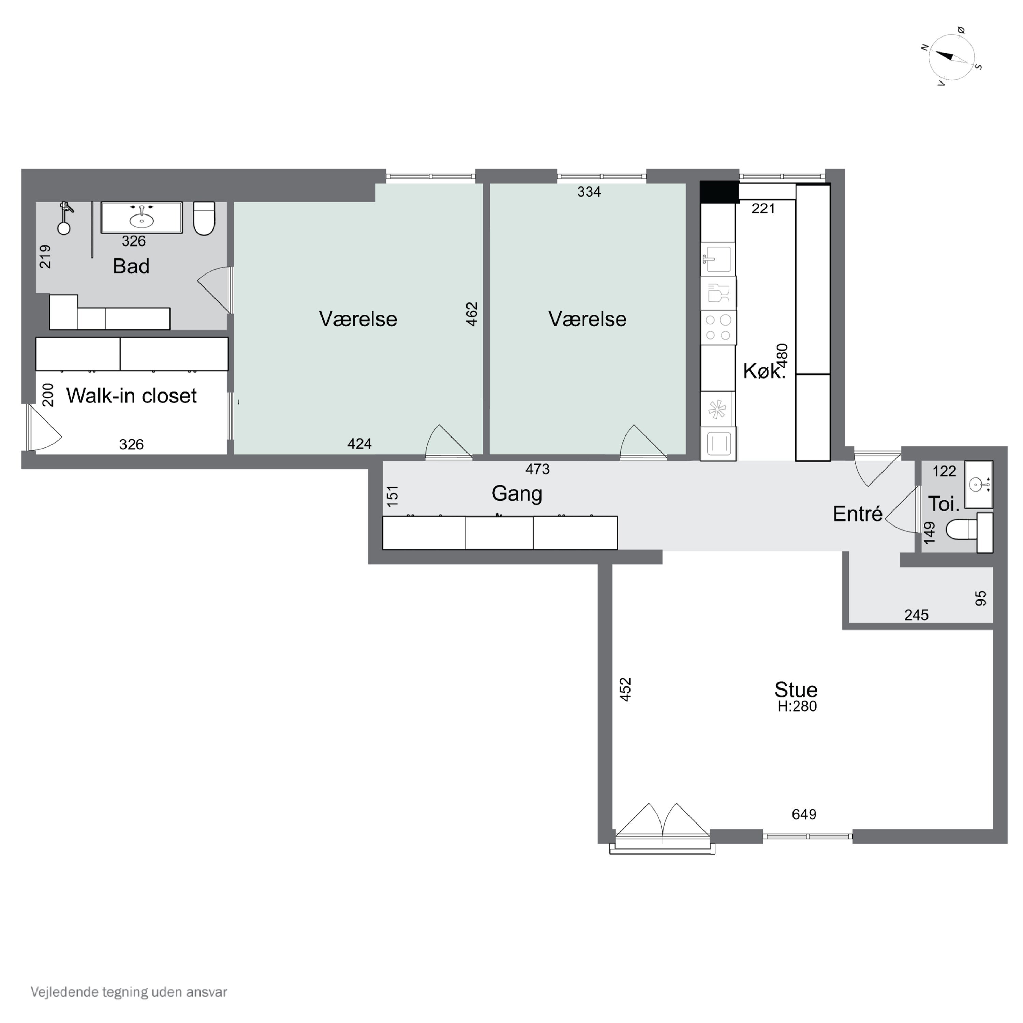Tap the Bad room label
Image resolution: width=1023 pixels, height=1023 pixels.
click(131, 266)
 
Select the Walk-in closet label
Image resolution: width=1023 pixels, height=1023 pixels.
click(131, 396)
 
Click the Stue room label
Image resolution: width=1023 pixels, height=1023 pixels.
click(796, 690)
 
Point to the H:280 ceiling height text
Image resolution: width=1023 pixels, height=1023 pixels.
click(797, 706)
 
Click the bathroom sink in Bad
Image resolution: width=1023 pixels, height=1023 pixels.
click(142, 217)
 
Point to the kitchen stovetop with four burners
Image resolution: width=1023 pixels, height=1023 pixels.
click(718, 327)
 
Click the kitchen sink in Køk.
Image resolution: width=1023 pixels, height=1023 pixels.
click(718, 259)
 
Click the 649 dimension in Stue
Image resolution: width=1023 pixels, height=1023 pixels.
click(804, 814)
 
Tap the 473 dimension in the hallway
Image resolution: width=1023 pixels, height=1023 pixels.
click(537, 469)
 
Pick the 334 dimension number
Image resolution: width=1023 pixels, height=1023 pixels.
click(589, 192)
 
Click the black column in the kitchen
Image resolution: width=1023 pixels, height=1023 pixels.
click(720, 192)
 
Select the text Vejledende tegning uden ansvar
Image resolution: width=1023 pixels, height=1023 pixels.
click(129, 992)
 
